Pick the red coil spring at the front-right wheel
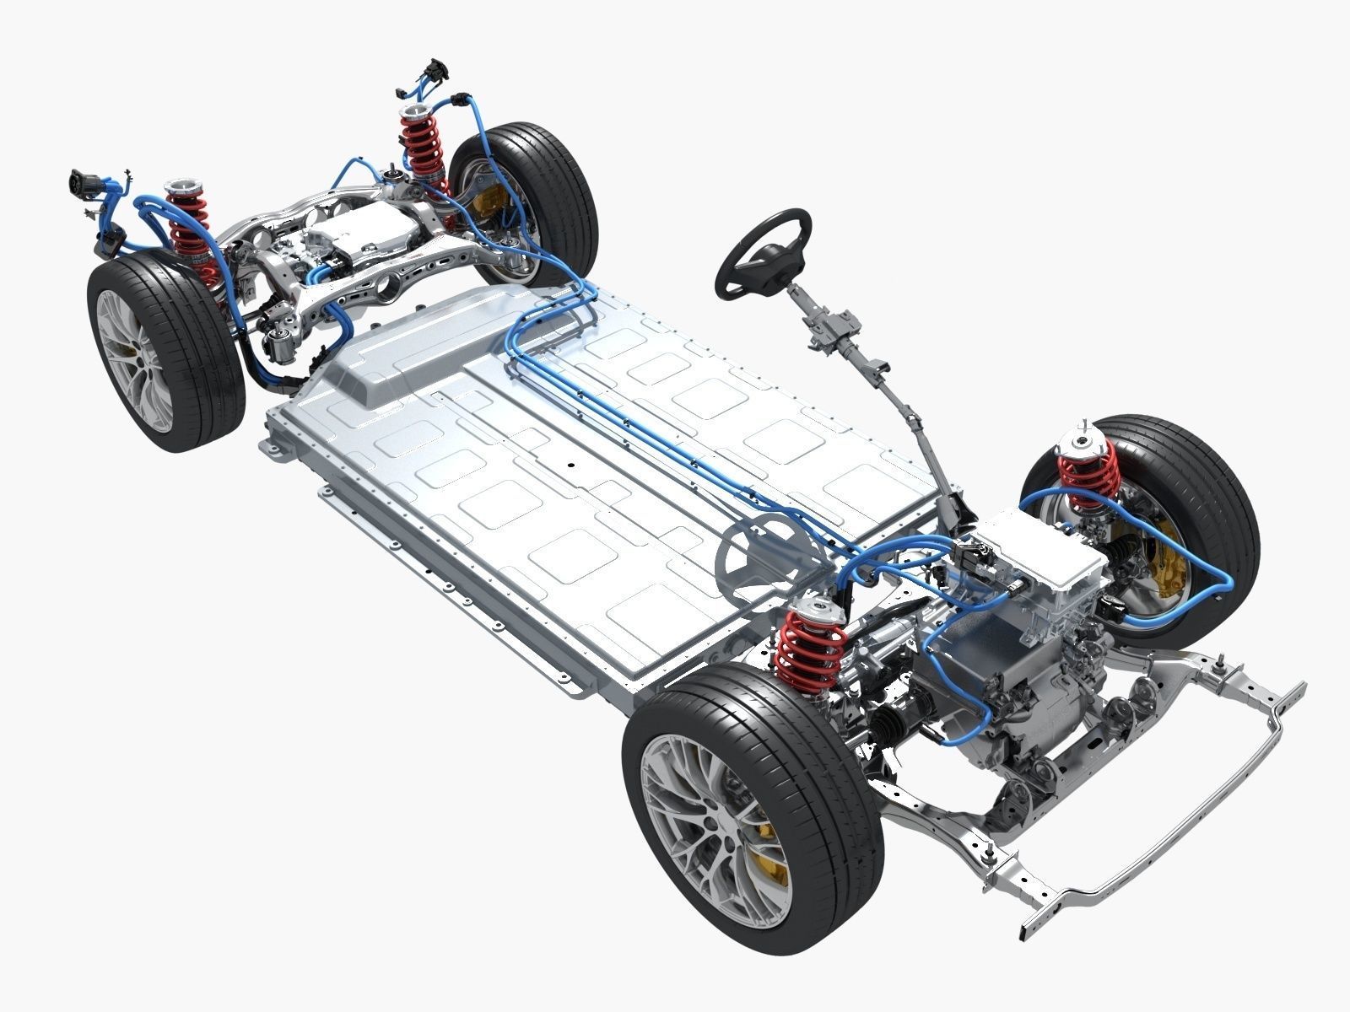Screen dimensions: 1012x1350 [x=1089, y=472]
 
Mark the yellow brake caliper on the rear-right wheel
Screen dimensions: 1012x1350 [x=489, y=207]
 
